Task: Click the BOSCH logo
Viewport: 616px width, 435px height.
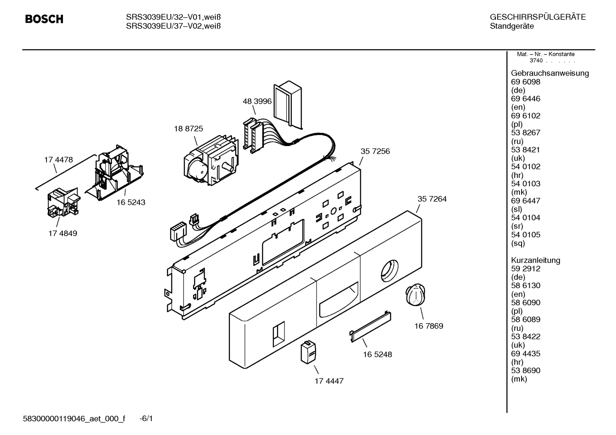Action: (x=44, y=19)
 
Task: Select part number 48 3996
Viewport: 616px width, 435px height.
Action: (x=257, y=101)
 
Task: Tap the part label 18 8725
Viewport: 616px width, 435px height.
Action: (x=188, y=128)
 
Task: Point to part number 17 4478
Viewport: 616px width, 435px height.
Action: (x=59, y=160)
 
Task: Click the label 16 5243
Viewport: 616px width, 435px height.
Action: (x=131, y=202)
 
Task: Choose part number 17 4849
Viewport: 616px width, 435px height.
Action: (x=63, y=234)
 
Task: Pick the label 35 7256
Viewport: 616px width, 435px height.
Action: (x=375, y=151)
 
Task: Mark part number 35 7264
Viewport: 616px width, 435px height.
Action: (x=432, y=199)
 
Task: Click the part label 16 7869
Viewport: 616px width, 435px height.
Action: (x=428, y=326)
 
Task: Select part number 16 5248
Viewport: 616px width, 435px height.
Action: (x=377, y=354)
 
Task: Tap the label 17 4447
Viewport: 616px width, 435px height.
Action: (x=329, y=381)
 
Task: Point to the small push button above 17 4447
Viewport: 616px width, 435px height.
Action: (x=308, y=353)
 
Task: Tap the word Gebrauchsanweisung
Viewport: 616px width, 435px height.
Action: (x=550, y=73)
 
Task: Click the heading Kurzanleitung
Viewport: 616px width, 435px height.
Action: (x=535, y=260)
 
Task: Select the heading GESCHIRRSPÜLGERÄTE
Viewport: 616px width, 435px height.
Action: (x=537, y=18)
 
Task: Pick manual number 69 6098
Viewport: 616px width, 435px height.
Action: (x=525, y=82)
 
